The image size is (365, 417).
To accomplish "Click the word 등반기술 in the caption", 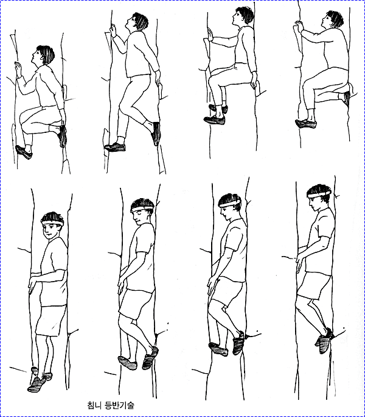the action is click(119, 405).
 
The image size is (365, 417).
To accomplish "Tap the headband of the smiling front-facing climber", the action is click(52, 223).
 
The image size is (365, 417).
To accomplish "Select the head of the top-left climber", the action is click(43, 55).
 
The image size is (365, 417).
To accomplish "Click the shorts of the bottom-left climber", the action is click(50, 321).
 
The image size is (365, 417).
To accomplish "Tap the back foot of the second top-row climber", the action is click(156, 134).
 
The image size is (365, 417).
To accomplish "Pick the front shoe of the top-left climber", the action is click(24, 152).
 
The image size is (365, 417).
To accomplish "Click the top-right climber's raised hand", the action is click(299, 27).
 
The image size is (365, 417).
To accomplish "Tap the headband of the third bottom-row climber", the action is click(230, 204).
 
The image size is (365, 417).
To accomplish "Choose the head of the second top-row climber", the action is click(138, 22).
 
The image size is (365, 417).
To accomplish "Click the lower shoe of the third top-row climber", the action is click(215, 120).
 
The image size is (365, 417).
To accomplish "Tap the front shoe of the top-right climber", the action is click(306, 124).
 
